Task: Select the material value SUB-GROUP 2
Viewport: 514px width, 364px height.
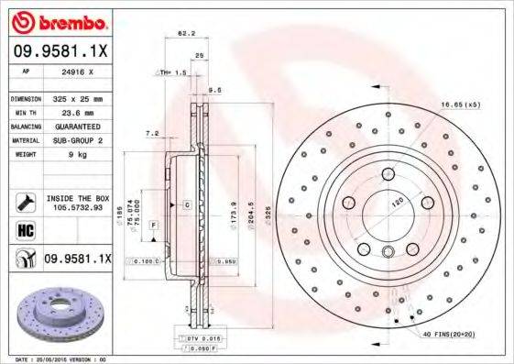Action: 77,140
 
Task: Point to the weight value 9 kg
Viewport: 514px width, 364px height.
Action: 63,155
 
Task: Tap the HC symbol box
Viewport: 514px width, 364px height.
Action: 26,228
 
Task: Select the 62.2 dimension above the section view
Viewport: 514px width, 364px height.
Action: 185,34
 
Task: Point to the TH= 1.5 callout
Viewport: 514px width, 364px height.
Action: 172,72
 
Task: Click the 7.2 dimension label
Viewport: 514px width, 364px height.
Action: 152,133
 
